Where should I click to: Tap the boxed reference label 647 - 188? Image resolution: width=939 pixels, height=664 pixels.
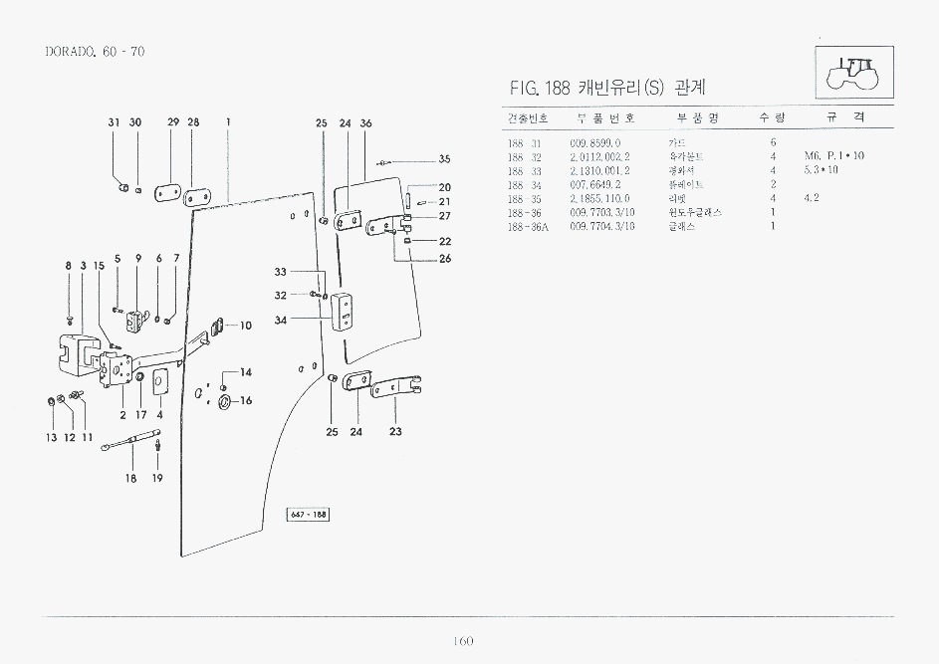308,514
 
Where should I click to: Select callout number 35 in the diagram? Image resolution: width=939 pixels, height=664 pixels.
444,159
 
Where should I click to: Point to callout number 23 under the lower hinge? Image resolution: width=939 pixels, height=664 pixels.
395,432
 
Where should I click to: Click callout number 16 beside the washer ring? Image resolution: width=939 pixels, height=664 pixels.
246,400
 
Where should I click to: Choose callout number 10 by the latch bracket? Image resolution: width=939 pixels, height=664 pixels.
246,326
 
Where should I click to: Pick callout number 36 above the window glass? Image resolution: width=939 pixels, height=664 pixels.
365,123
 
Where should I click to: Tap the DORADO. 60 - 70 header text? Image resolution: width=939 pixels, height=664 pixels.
96,51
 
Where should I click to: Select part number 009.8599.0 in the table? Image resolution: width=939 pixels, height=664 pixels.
594,142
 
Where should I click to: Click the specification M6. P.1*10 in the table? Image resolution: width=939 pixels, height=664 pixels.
834,156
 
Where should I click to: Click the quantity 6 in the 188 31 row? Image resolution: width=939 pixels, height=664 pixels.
773,142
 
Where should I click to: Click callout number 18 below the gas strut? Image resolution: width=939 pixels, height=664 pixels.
130,478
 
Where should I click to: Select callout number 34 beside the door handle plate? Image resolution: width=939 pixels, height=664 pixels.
281,321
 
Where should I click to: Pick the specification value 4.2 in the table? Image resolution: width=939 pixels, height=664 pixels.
811,198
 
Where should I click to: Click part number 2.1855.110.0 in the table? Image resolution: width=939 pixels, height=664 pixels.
599,198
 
